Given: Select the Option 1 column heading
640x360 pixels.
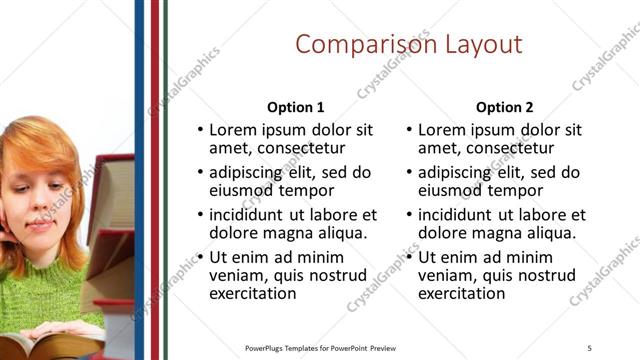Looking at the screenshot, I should coord(296,107).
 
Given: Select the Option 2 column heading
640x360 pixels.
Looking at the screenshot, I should coord(505,107).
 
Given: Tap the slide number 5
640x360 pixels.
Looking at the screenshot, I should coord(590,347).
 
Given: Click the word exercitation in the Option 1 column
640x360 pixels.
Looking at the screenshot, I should coord(253,294).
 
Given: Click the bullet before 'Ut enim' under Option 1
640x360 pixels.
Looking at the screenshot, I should coord(201,257).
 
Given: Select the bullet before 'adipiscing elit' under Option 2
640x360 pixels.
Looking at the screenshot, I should coord(410,172).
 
